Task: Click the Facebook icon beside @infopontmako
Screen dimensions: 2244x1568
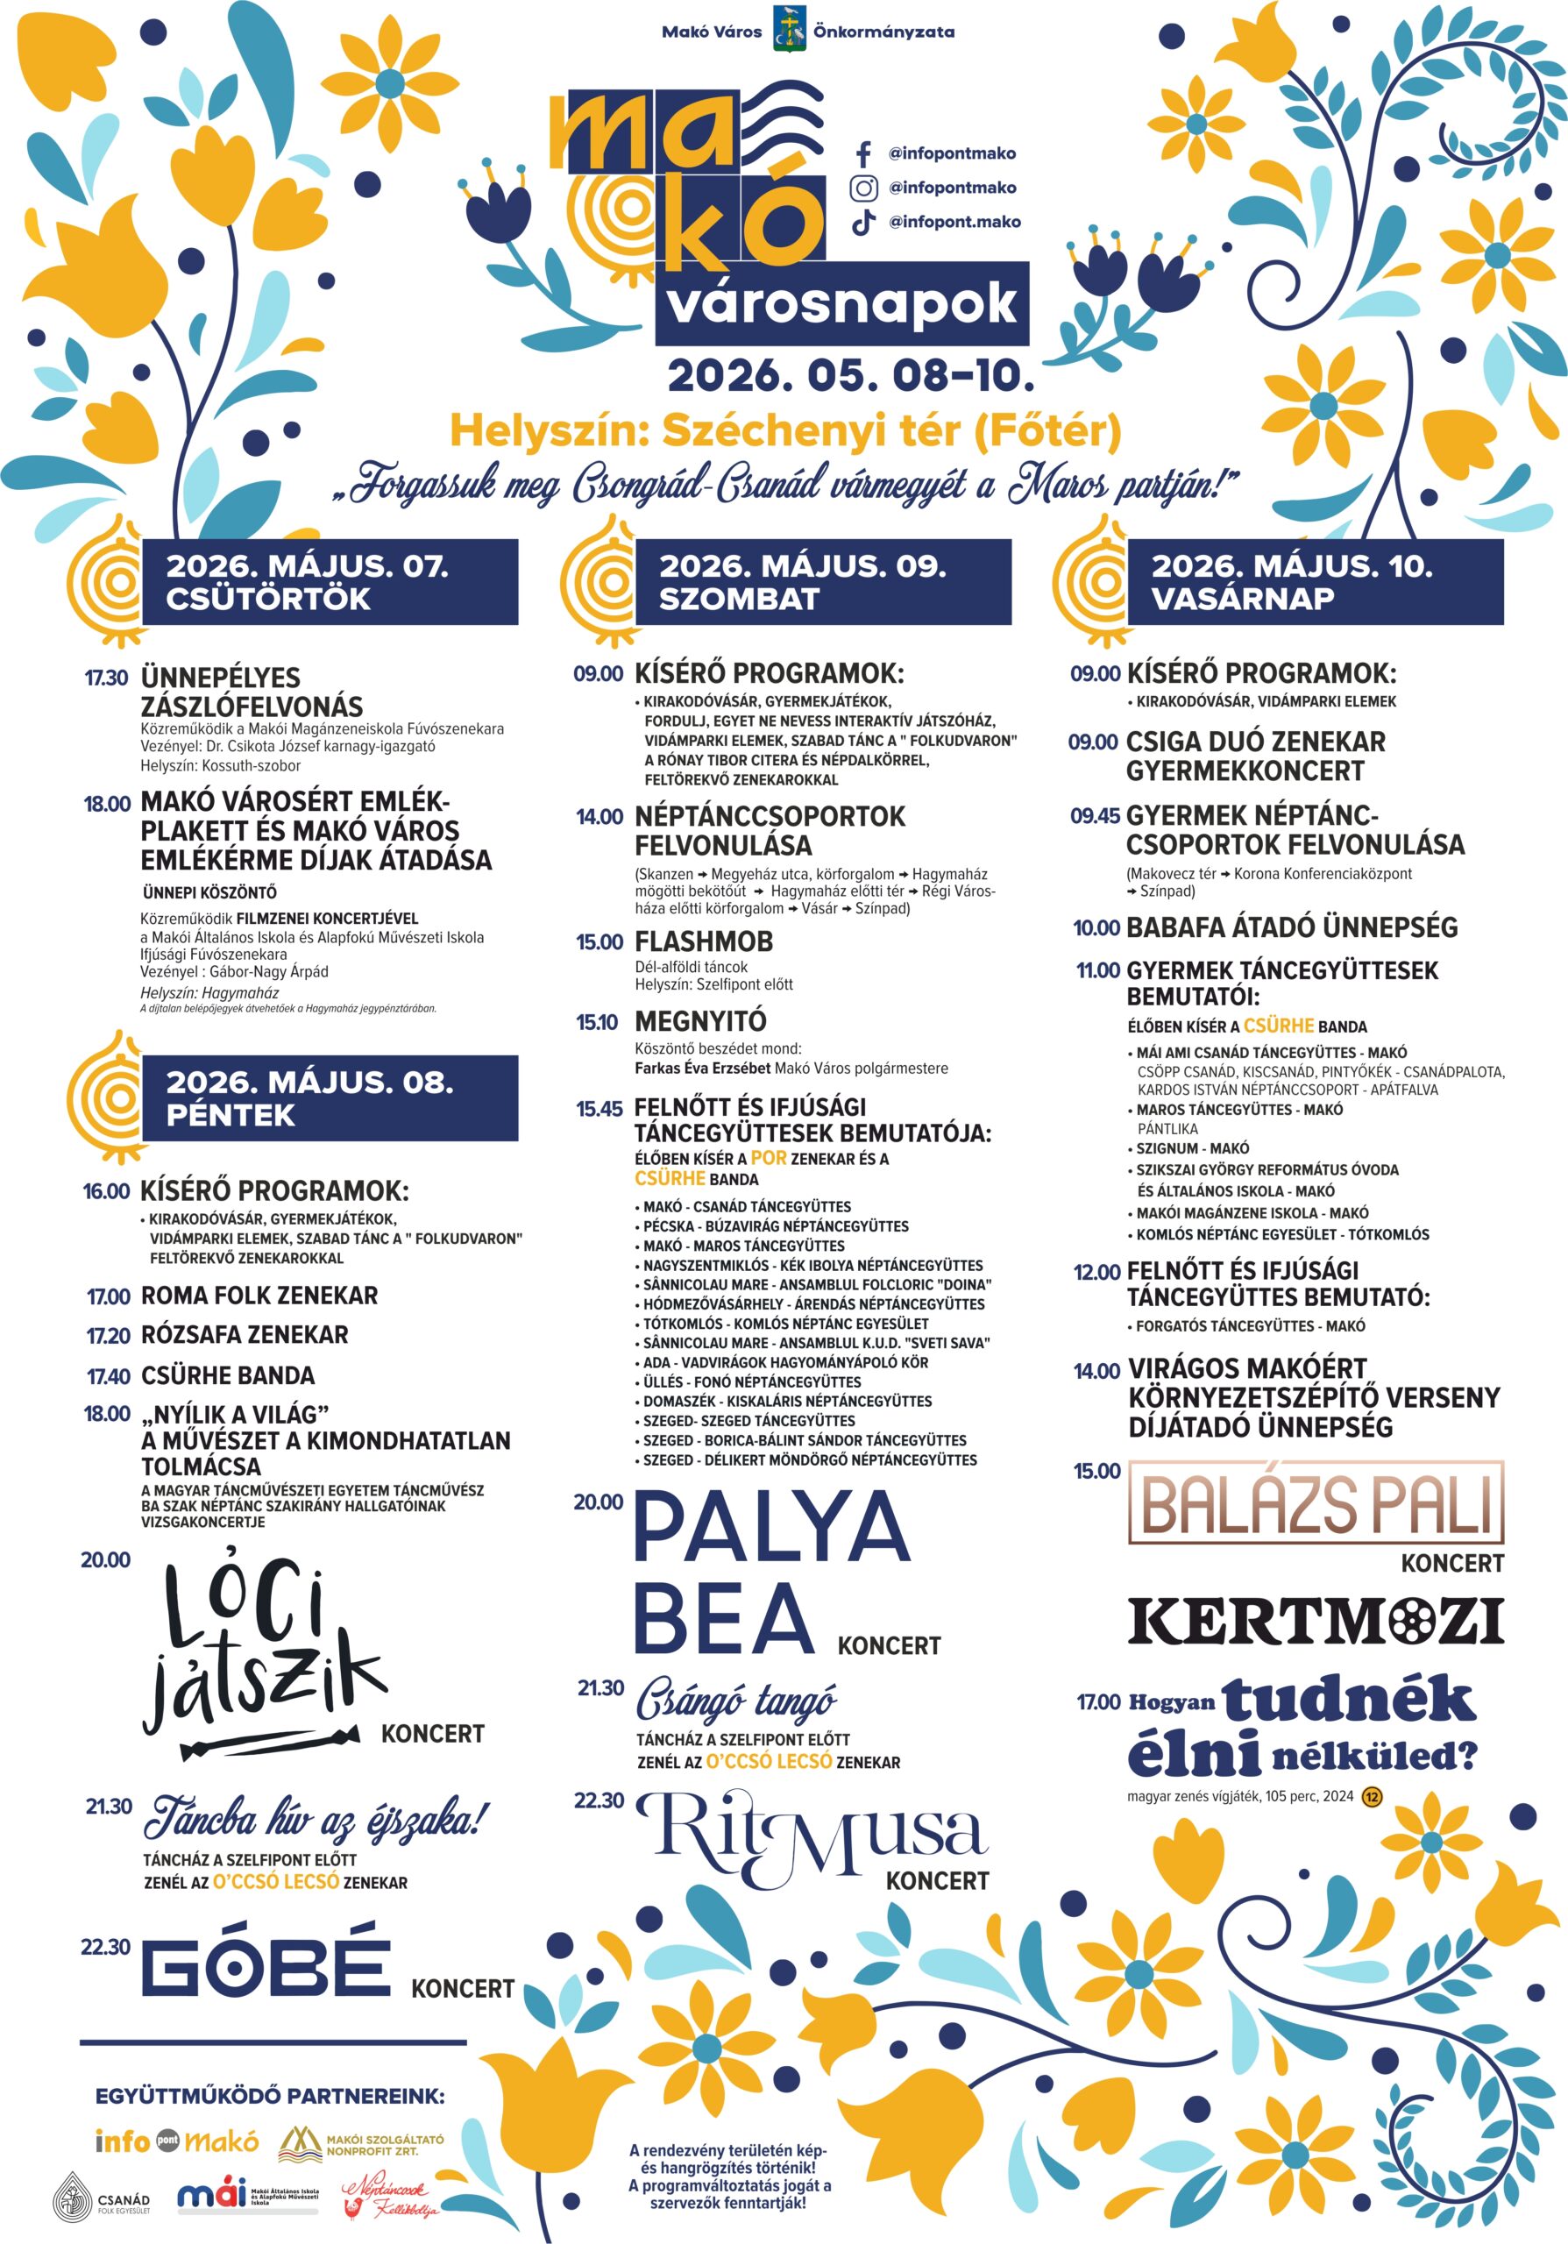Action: [862, 153]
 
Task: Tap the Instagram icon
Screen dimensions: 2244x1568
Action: [862, 188]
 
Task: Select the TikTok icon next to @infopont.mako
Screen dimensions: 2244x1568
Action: [862, 222]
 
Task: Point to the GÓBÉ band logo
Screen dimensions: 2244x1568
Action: [266, 1967]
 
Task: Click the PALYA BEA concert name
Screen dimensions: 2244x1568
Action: [772, 1572]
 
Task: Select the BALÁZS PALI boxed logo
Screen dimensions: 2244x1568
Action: [1315, 1503]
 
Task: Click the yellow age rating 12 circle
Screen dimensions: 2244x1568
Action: [1372, 1796]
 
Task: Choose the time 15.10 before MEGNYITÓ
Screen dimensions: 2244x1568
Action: [597, 1022]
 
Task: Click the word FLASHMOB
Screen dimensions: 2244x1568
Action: [704, 941]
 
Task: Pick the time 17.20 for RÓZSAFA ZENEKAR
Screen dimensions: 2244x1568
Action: [108, 1336]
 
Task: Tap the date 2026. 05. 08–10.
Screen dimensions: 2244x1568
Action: [850, 375]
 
